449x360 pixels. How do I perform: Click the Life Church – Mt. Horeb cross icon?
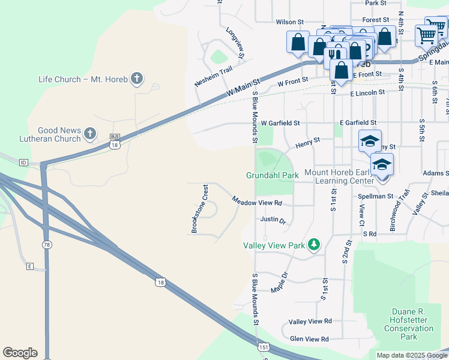point(137,78)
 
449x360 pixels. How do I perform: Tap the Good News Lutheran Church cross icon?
point(90,134)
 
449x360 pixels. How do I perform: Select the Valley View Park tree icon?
point(313,244)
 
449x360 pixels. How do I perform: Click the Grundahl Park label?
point(272,175)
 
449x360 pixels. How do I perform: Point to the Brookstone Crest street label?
point(199,209)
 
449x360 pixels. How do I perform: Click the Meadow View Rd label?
point(257,203)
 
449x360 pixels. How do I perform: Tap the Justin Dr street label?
point(273,220)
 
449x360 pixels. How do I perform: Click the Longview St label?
point(235,43)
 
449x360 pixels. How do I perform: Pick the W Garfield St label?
point(280,123)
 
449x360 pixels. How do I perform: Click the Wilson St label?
point(287,22)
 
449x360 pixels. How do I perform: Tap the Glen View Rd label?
point(309,339)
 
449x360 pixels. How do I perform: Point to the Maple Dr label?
point(280,283)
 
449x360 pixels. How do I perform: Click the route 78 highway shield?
point(46,245)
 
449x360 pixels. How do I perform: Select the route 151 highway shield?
point(263,347)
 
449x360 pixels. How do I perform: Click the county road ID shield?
point(24,162)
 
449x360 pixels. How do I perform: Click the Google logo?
point(20,353)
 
